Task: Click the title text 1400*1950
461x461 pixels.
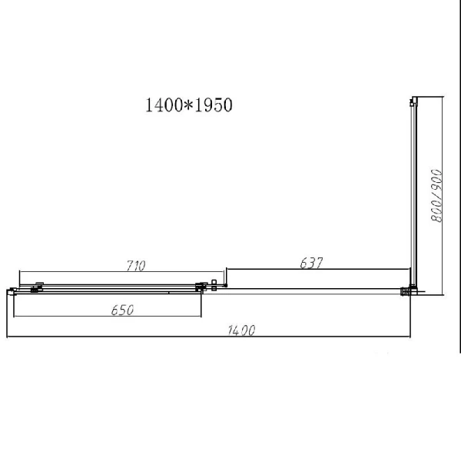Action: [188, 105]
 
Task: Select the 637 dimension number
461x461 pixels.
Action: [311, 263]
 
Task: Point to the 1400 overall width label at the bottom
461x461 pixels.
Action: [241, 331]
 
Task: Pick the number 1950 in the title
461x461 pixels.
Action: [213, 105]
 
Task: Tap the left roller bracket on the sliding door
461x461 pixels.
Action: [35, 287]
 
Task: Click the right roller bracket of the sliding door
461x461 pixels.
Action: [202, 287]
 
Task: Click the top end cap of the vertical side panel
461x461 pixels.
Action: [414, 99]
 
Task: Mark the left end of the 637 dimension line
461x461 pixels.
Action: [226, 270]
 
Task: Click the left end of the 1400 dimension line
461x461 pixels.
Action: [6, 337]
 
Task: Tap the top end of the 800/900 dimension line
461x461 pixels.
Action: [444, 98]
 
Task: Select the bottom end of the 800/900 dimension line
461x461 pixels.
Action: [444, 295]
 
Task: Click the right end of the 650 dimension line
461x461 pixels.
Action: [201, 317]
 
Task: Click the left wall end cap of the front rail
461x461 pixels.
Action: [11, 290]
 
